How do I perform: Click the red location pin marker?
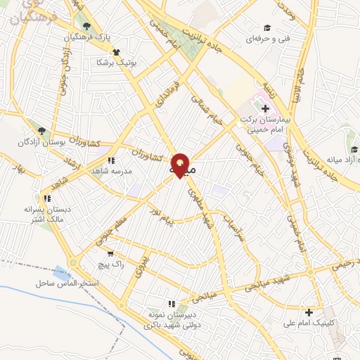tap(181, 165)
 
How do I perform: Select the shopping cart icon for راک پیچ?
tap(110, 253)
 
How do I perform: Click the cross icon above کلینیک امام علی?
tap(309, 311)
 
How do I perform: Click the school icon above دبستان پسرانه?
tap(48, 199)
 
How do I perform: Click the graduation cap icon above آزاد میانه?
tap(354, 150)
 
